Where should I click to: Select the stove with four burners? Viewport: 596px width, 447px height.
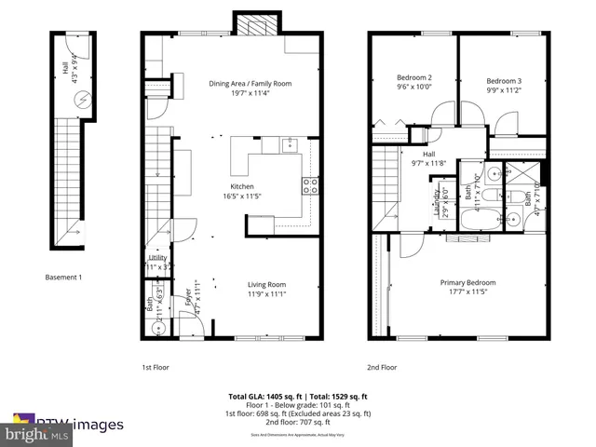[x=310, y=185]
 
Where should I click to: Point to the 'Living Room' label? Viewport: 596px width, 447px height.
[x=266, y=285]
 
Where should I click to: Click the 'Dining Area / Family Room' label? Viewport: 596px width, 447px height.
[x=250, y=84]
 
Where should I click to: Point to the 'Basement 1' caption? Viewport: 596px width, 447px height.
[x=64, y=277]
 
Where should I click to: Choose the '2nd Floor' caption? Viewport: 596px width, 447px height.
[x=381, y=367]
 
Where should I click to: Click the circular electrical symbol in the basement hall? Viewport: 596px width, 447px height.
[x=82, y=97]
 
